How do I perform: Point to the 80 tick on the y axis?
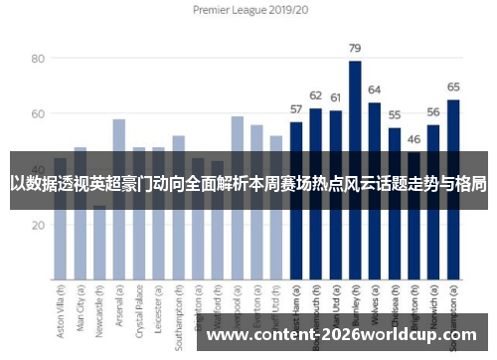coord(39,59)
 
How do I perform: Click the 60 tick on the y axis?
coord(39,114)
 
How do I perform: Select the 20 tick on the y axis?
coord(39,225)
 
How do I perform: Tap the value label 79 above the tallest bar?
coord(355,48)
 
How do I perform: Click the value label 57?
coord(296,108)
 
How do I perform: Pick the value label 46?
coord(414,139)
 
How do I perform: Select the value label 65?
coord(452,87)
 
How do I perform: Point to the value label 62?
coord(316,94)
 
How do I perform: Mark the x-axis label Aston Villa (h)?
coord(61,316)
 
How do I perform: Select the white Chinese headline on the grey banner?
coord(248,183)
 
